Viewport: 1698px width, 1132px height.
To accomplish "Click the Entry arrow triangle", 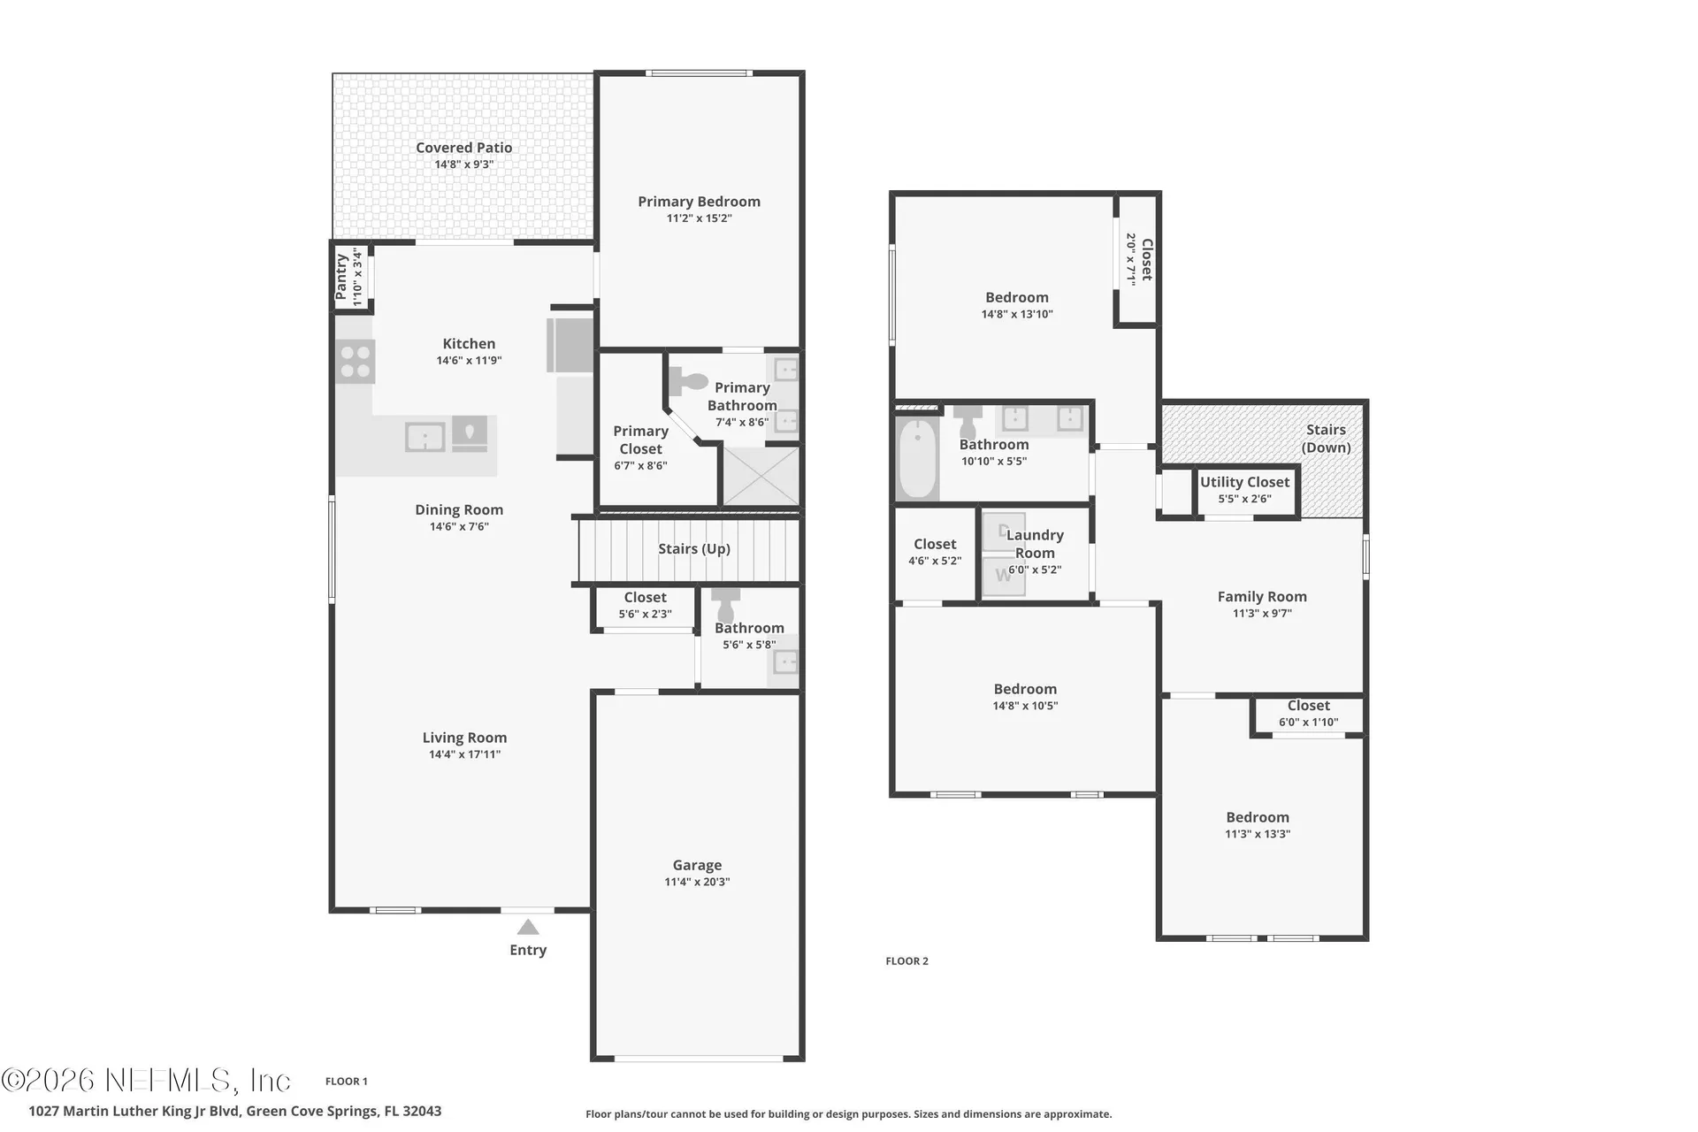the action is click(x=528, y=927).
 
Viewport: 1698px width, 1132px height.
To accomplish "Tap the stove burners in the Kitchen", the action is click(x=356, y=362).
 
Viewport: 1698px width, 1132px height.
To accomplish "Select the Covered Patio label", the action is click(x=464, y=148).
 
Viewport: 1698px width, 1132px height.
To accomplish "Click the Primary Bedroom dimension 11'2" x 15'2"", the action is click(x=700, y=218).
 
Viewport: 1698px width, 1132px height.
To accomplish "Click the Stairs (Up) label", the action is click(x=694, y=549).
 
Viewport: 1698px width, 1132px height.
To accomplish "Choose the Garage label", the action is click(x=697, y=865).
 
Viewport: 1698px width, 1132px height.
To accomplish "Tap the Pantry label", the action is click(x=341, y=276).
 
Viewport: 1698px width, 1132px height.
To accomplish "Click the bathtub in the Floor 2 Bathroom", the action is click(x=918, y=458).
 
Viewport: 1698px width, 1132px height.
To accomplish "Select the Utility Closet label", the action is click(x=1245, y=482).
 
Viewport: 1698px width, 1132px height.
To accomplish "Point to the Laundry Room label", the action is click(x=1035, y=544).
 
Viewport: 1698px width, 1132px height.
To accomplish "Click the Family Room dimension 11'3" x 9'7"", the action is click(x=1262, y=614).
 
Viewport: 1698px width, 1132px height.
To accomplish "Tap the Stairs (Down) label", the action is click(x=1326, y=439).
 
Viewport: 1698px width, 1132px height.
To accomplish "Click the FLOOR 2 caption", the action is click(x=907, y=961).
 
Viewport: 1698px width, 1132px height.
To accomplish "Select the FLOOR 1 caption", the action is click(x=347, y=1082).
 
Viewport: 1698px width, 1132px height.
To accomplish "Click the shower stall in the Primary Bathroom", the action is click(x=761, y=476).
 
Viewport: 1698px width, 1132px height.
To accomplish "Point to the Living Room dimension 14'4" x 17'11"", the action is click(x=464, y=755).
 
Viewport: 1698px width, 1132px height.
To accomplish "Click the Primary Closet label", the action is click(x=641, y=440).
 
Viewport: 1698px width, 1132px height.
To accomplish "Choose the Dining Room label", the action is click(x=459, y=509).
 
